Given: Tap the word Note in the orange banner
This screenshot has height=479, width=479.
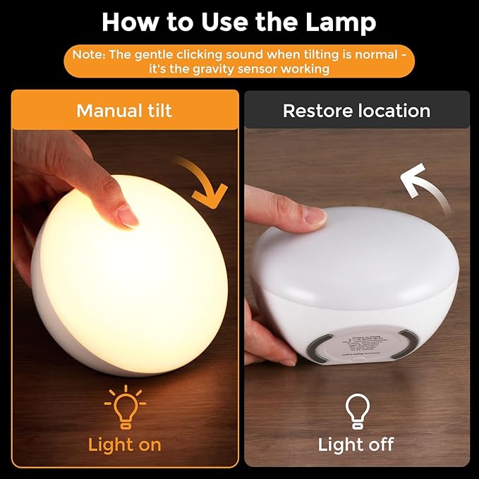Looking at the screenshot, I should point(88,54).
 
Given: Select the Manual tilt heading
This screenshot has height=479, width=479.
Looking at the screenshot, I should point(124,111).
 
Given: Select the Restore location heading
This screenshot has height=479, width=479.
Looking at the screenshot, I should point(356,111).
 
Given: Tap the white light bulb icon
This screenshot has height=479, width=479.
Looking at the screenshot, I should point(356,409).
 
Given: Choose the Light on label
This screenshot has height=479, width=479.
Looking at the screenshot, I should point(125,444).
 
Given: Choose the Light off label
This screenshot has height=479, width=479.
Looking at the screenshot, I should point(356,444).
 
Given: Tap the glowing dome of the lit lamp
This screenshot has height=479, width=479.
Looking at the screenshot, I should point(131,282).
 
